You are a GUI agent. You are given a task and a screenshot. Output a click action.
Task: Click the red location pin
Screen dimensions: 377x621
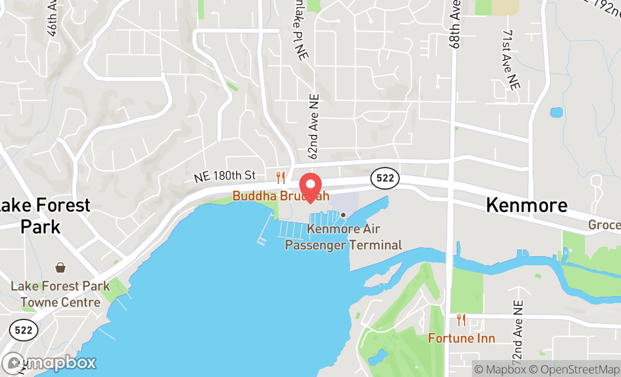click(310, 187)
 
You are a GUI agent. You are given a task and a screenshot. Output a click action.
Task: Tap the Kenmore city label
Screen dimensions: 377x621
click(527, 205)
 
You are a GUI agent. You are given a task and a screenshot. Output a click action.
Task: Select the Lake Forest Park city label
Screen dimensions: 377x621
click(42, 216)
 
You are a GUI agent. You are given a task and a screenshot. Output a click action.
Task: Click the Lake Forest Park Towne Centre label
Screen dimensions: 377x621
click(60, 294)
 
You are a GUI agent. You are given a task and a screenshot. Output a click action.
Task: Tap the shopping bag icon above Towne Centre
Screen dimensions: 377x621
click(60, 267)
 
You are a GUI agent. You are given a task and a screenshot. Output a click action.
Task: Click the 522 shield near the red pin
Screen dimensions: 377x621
click(385, 178)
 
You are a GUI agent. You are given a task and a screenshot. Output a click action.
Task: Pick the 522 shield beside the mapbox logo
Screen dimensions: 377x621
click(24, 330)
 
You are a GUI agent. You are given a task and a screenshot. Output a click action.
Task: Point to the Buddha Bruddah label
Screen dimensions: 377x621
click(281, 196)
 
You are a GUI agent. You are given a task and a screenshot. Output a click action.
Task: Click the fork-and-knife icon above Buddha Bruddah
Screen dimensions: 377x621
click(281, 178)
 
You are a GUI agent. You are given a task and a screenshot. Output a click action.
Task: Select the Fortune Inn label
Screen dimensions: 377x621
click(461, 338)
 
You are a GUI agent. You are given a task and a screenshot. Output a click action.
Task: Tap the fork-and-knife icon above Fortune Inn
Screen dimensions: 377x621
click(461, 320)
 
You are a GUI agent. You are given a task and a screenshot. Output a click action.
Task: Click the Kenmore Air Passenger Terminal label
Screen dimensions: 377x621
click(343, 237)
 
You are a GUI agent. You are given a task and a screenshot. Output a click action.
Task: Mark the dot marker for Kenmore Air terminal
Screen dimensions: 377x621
click(343, 215)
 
